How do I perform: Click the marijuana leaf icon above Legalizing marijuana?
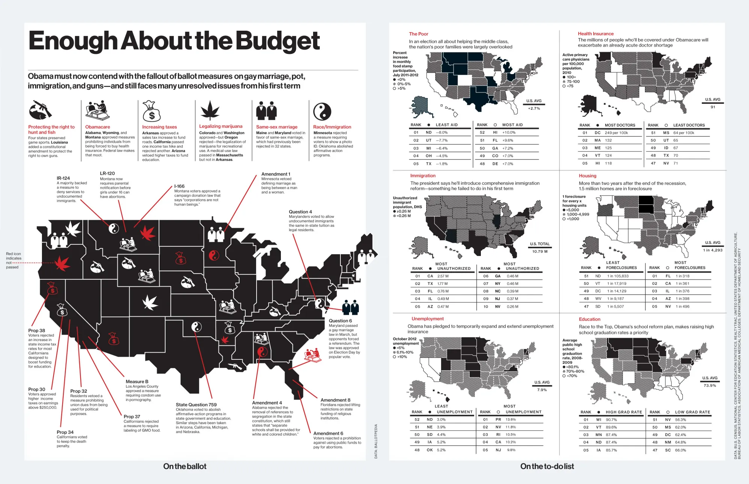tap(210, 111)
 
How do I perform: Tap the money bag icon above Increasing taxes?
tap(151, 111)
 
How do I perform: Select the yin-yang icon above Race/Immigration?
tap(322, 112)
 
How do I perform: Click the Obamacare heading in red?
tap(97, 127)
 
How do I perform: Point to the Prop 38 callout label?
tap(37, 331)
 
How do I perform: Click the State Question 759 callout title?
tap(196, 405)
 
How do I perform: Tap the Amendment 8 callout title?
tap(335, 400)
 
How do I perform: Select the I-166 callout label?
tap(179, 186)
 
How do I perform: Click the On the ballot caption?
tap(185, 466)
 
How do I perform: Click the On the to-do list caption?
tap(547, 466)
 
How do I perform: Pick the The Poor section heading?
tap(418, 34)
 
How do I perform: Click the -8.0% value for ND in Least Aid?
tap(442, 133)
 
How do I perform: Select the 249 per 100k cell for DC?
tap(616, 133)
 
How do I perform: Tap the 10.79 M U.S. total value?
tap(540, 252)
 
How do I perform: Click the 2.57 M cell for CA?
tap(443, 276)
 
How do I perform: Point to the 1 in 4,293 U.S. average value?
tap(712, 250)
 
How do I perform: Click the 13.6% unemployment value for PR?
tap(510, 420)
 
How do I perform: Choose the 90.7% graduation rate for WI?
tap(611, 420)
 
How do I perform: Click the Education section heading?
tap(589, 319)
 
